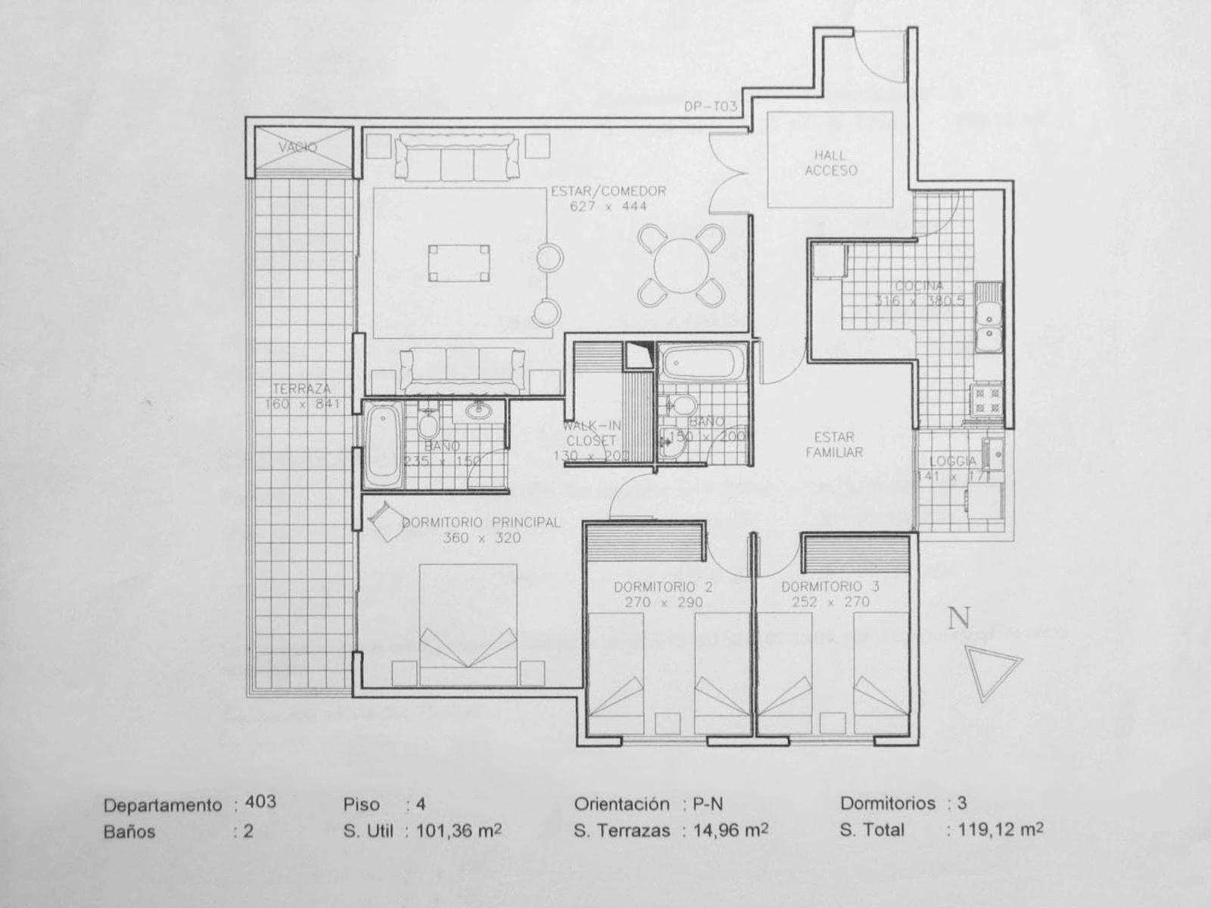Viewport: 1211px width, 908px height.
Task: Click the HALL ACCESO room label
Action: [x=830, y=163]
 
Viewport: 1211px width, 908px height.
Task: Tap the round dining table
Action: [x=680, y=266]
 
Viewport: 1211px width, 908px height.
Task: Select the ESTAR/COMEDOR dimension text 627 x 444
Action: [x=609, y=206]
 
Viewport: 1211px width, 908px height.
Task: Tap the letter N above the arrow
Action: [x=959, y=618]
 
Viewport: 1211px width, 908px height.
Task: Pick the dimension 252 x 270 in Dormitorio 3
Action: [x=830, y=602]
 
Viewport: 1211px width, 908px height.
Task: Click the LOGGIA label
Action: [x=952, y=461]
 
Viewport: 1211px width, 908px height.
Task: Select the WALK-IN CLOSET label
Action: [x=591, y=434]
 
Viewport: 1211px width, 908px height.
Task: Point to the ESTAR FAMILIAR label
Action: [x=834, y=445]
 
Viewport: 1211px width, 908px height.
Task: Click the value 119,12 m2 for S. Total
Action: [x=995, y=829]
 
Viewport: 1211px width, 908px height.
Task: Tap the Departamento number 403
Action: [x=260, y=801]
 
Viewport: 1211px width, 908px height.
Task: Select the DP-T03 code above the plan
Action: [x=710, y=107]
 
